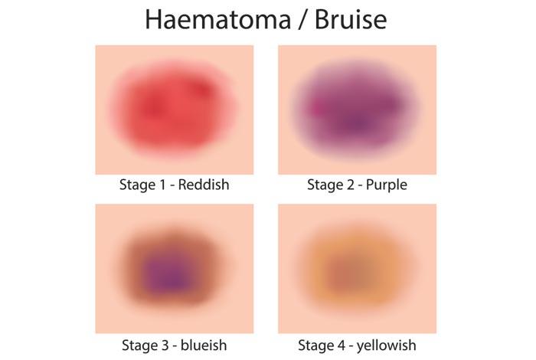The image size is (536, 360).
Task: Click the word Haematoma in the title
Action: pyautogui.click(x=217, y=19)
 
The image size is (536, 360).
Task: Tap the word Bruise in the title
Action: pyautogui.click(x=351, y=19)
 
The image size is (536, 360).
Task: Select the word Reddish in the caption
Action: pyautogui.click(x=204, y=185)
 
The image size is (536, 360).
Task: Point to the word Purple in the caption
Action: pyautogui.click(x=386, y=185)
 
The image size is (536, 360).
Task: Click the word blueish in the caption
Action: pyautogui.click(x=204, y=345)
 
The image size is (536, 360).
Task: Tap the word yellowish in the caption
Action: pyautogui.click(x=386, y=345)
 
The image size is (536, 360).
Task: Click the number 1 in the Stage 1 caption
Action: pyautogui.click(x=162, y=185)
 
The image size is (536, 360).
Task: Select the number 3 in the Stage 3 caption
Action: pyautogui.click(x=165, y=345)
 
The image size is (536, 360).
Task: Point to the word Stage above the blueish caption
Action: pyautogui.click(x=140, y=345)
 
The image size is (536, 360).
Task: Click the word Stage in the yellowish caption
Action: pyautogui.click(x=315, y=345)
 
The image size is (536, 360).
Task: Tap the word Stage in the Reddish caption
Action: pyautogui.click(x=137, y=185)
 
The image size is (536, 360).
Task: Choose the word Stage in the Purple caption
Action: pyautogui.click(x=325, y=185)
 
